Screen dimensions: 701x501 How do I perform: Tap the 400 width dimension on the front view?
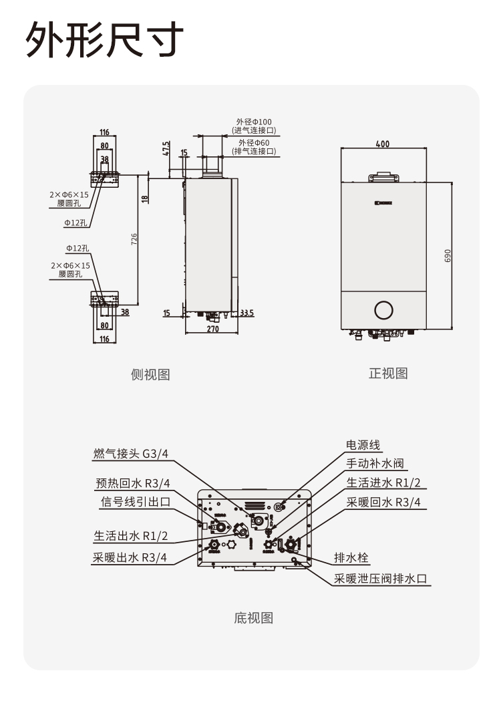[x=382, y=144]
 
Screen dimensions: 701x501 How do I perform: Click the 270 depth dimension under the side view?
[x=212, y=329]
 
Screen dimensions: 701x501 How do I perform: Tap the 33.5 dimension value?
[x=246, y=313]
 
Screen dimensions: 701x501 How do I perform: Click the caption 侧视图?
[x=150, y=375]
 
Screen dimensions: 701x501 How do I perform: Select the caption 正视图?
[x=388, y=373]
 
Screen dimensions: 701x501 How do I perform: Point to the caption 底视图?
[x=254, y=617]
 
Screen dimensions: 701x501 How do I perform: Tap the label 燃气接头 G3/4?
[x=131, y=454]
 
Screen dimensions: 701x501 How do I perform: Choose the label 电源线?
[x=364, y=444]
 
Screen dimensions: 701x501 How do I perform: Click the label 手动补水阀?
[x=375, y=463]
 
